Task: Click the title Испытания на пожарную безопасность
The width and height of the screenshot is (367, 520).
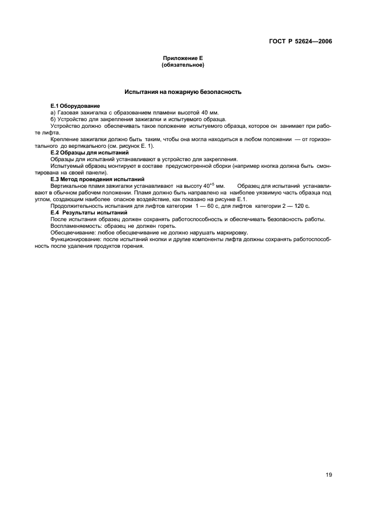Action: pos(183,92)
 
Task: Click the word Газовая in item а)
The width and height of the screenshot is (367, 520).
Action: pos(70,112)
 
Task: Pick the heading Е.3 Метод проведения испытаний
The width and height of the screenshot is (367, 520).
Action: pos(97,179)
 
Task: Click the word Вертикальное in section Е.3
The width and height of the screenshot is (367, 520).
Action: pos(69,186)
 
